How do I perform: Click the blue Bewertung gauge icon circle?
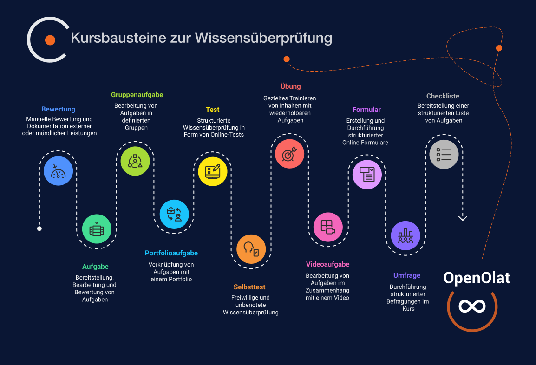58,171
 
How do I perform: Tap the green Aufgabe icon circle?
97,229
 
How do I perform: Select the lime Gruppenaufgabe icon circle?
135,161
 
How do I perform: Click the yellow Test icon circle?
213,171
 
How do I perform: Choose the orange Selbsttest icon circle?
251,249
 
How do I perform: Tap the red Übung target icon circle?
289,154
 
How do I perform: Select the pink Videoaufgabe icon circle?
328,227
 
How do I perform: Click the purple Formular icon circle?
367,175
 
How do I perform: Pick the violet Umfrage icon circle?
405,235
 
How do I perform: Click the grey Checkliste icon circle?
444,154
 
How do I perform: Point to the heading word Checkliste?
443,96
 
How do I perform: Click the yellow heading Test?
213,110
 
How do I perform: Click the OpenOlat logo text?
477,278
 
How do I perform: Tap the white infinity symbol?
472,306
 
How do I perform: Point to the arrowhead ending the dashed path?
463,218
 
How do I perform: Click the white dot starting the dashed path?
39,228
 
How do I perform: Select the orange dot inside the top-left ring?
50,40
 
